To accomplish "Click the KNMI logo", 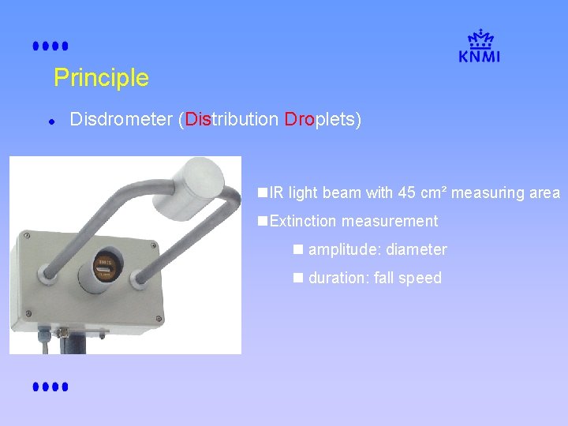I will click(x=479, y=47).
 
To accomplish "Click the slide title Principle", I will click(x=101, y=78).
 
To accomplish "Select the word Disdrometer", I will click(x=121, y=120).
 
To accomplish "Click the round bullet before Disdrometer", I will click(x=50, y=121).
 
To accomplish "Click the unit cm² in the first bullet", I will click(x=434, y=192).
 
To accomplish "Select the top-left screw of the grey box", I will click(x=26, y=235).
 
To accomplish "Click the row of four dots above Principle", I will click(x=50, y=47).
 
